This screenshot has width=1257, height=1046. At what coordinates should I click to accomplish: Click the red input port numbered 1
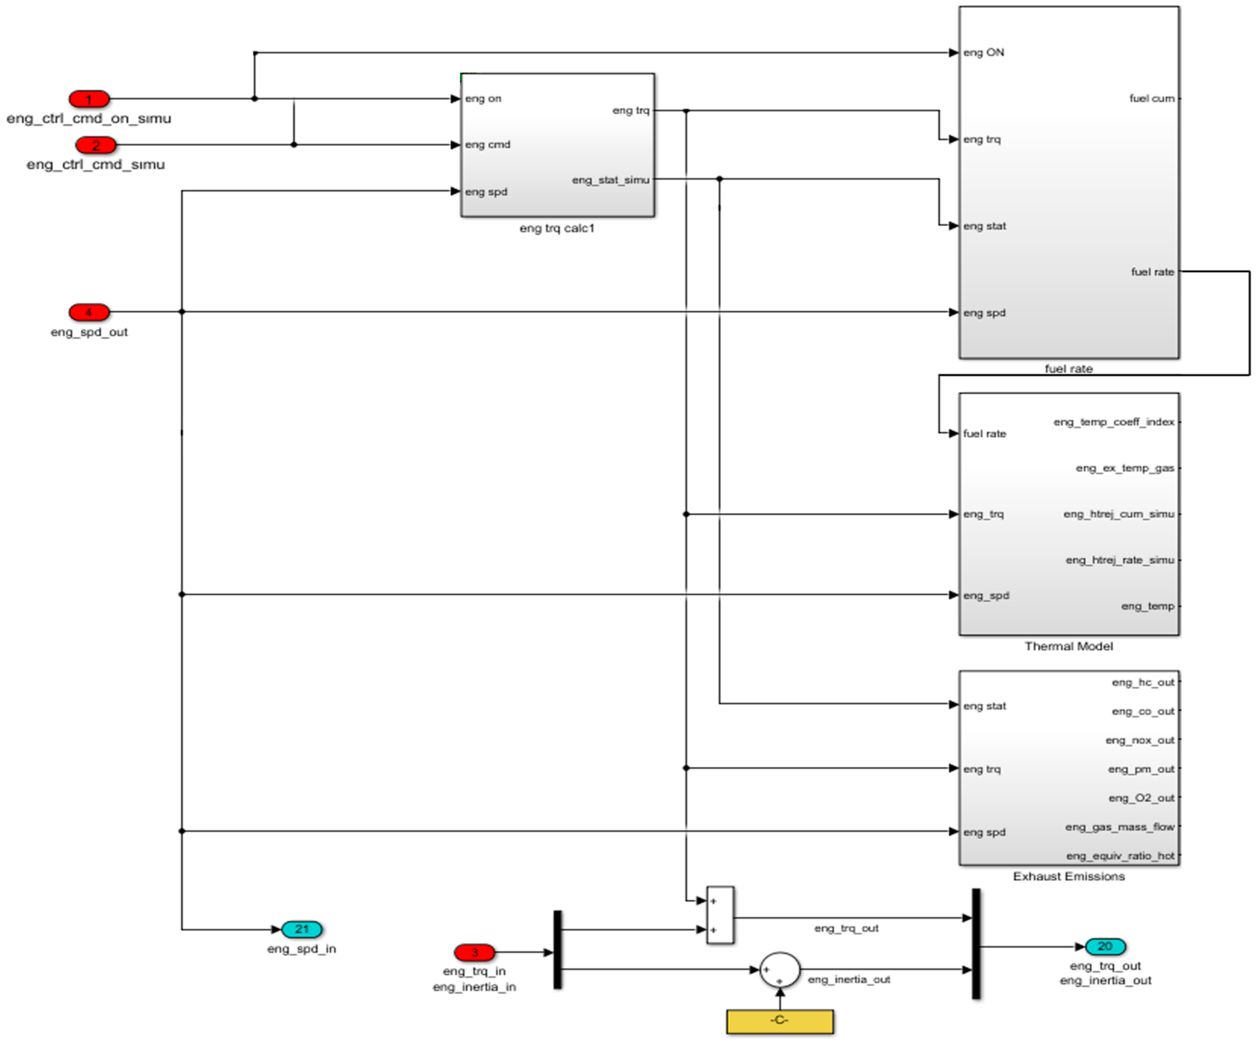click(x=89, y=99)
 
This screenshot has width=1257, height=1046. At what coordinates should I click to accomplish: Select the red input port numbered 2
click(x=96, y=145)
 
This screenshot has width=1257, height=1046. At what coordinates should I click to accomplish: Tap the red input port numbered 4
click(x=89, y=312)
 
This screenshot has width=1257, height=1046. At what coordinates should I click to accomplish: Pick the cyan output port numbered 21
click(x=302, y=929)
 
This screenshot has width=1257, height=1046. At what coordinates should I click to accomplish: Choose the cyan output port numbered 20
click(x=1105, y=947)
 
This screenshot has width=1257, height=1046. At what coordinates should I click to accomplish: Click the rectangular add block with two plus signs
click(x=720, y=915)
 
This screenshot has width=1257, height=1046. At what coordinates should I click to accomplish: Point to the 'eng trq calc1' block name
click(x=556, y=228)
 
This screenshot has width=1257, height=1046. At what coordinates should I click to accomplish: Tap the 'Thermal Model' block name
click(x=1068, y=646)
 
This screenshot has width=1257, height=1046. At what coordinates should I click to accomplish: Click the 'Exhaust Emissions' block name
click(x=1068, y=876)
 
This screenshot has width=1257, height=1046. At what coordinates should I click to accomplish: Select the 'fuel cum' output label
click(x=1152, y=98)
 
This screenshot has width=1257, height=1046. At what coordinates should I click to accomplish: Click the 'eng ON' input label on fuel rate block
click(x=984, y=53)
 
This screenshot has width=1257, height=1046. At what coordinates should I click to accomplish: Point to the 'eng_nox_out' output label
click(x=1140, y=740)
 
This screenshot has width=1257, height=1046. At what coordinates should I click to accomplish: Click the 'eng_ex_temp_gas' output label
click(x=1125, y=467)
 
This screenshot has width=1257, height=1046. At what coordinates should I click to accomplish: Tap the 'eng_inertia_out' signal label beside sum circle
click(x=849, y=980)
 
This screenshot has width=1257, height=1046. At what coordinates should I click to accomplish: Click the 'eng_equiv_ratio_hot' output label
click(x=1120, y=856)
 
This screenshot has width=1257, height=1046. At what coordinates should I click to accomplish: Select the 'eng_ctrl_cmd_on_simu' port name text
click(x=89, y=118)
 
